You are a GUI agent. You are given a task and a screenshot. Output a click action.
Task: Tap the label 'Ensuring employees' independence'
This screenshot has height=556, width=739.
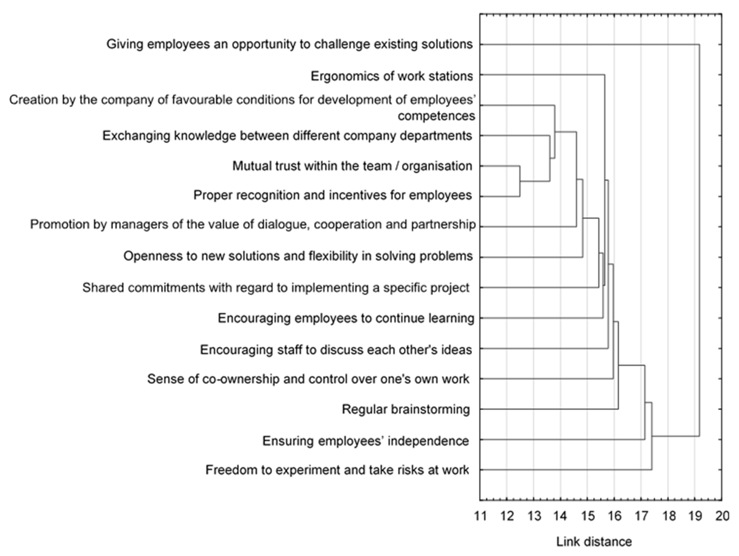click(x=366, y=441)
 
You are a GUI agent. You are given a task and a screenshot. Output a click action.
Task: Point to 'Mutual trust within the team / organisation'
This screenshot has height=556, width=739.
click(x=352, y=166)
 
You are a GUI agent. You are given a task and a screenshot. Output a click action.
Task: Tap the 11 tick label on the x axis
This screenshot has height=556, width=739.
click(x=480, y=516)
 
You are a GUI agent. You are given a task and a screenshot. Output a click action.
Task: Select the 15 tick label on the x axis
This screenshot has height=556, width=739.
click(x=588, y=516)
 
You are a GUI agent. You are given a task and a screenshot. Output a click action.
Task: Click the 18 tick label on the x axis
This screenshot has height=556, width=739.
click(x=669, y=516)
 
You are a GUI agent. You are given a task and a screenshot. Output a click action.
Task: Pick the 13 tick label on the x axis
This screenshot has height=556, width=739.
click(x=534, y=516)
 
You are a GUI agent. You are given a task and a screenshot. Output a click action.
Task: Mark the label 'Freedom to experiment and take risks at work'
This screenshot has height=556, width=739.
click(x=337, y=470)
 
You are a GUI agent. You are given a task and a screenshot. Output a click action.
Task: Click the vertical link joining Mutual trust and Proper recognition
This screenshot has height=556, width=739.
click(x=519, y=181)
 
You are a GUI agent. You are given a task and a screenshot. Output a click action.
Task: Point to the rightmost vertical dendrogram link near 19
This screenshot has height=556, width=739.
click(x=699, y=240)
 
